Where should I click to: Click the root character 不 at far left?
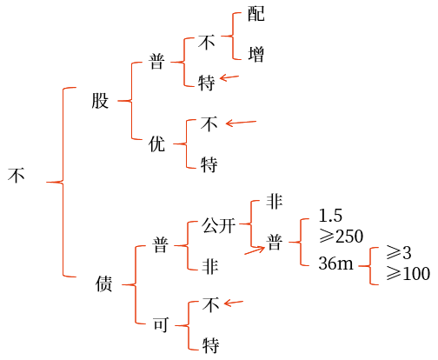point(17,175)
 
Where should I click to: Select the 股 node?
point(100,101)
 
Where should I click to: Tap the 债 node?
point(103,283)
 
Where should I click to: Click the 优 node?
point(156,143)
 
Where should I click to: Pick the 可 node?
point(161,324)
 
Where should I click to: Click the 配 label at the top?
point(256,13)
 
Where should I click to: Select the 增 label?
point(256,54)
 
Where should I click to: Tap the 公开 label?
point(218,225)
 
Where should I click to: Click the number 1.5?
point(330,216)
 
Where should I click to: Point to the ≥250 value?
point(341,236)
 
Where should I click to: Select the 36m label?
point(336,263)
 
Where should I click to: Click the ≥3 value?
point(399,252)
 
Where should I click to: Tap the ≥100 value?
point(408,273)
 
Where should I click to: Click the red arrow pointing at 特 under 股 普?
point(229,77)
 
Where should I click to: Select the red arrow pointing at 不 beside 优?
point(241,123)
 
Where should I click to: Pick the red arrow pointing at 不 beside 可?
point(234,303)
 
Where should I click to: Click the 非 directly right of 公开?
point(274,201)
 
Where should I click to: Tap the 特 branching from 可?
point(210,345)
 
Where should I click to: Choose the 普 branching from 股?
point(156,62)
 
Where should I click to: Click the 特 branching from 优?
point(209,164)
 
